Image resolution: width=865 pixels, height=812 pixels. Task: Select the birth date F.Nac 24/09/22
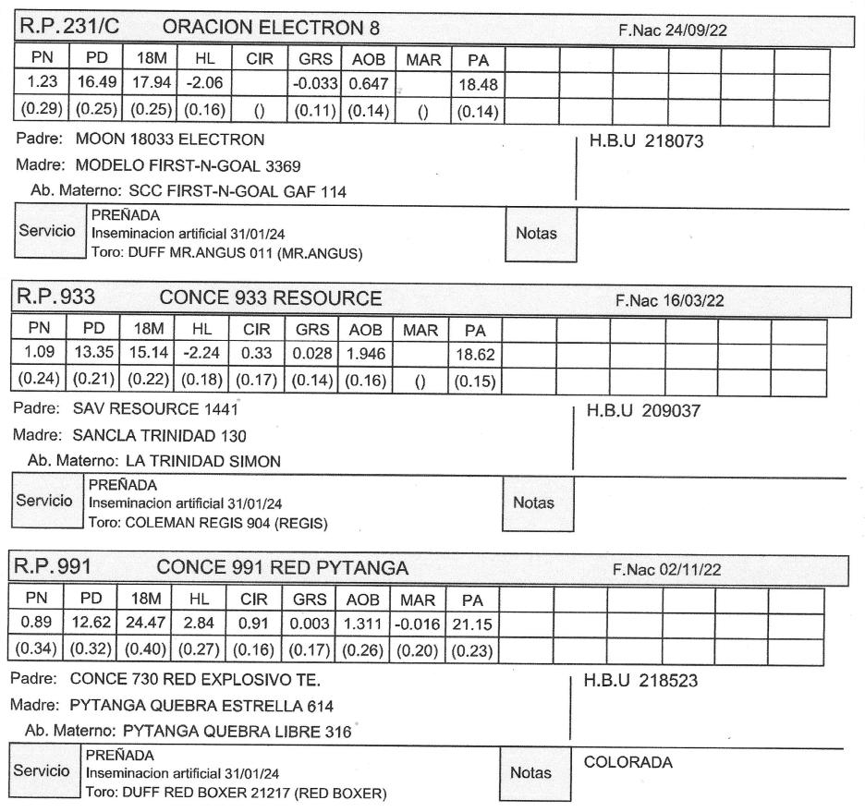pyautogui.click(x=672, y=30)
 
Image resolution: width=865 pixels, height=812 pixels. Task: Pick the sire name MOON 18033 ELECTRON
pyautogui.click(x=167, y=139)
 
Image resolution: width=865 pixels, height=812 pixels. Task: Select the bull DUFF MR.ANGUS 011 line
pyautogui.click(x=225, y=253)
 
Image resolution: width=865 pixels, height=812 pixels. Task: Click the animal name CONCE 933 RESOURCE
pyautogui.click(x=270, y=297)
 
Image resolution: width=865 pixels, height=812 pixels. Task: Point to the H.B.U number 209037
pyautogui.click(x=645, y=411)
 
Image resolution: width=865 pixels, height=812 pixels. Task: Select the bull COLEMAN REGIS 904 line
pyautogui.click(x=208, y=523)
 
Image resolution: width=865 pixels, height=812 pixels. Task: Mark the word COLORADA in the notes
pyautogui.click(x=628, y=762)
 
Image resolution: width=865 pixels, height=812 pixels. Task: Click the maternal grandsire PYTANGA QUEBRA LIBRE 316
pyautogui.click(x=238, y=733)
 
